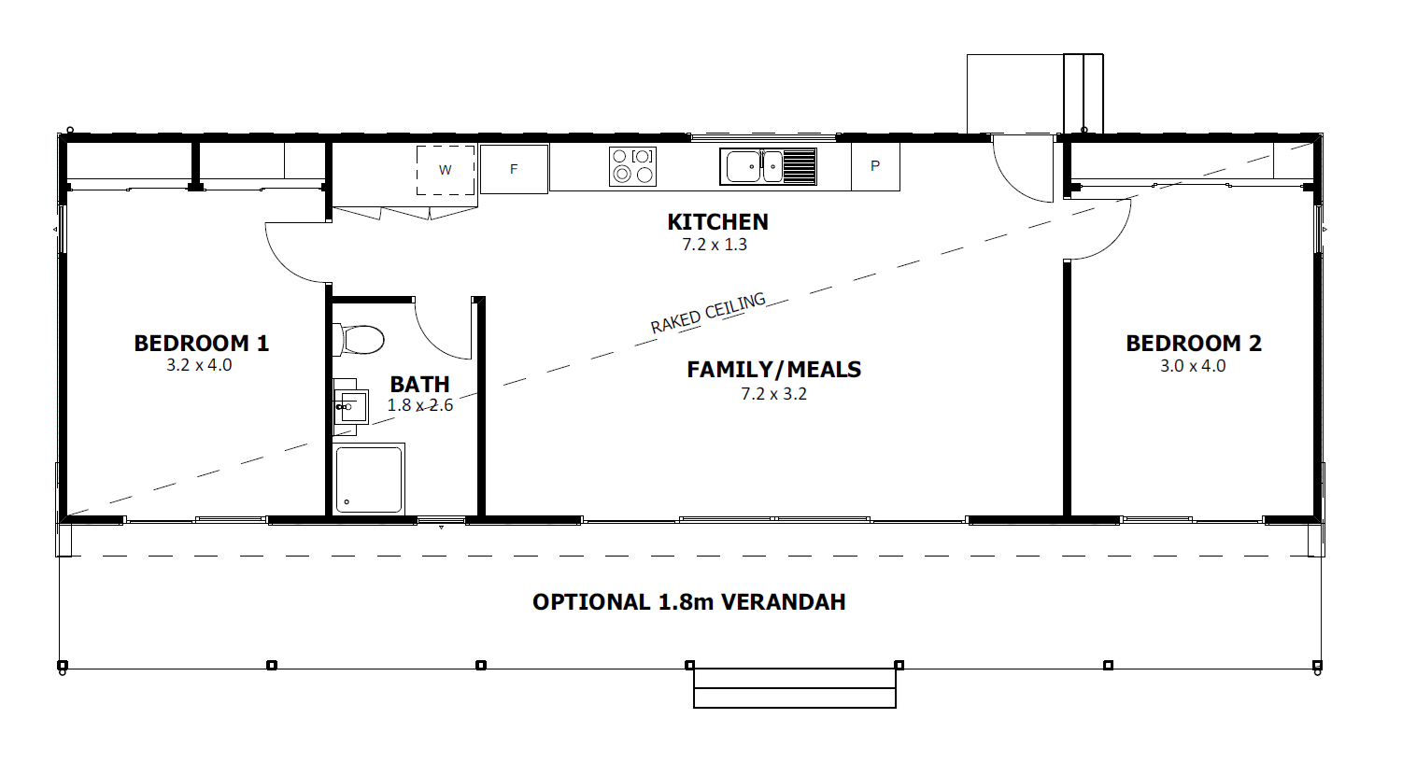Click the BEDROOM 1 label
[202, 344]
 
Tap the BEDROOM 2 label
[1194, 344]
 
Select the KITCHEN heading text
[717, 222]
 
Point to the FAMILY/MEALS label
[773, 370]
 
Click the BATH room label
[420, 384]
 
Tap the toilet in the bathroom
[358, 340]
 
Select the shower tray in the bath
[369, 479]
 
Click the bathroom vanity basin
[350, 406]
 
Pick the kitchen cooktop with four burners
[632, 166]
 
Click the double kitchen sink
[768, 166]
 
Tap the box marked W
[446, 170]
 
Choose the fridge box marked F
[514, 169]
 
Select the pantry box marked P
[875, 166]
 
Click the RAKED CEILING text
[708, 314]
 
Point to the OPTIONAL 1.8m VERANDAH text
[689, 601]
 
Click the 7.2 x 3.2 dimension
[773, 394]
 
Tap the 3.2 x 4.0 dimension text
[199, 365]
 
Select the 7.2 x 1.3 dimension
[715, 245]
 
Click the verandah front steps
[794, 688]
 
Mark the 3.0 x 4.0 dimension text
[1193, 366]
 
